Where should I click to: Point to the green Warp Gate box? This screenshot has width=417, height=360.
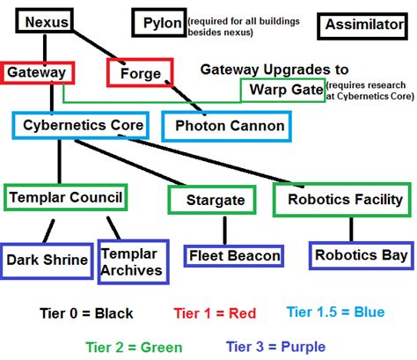[x=282, y=90]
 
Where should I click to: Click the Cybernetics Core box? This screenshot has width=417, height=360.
[x=79, y=126]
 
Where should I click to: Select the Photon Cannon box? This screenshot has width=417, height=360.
[x=230, y=126]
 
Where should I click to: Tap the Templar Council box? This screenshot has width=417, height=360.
[x=65, y=197]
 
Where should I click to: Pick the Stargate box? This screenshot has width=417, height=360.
[x=216, y=200]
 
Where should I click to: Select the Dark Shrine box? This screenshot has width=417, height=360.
[x=47, y=259]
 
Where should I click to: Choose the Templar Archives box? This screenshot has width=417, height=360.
[x=132, y=261]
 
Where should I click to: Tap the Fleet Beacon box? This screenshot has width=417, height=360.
[x=234, y=256]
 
